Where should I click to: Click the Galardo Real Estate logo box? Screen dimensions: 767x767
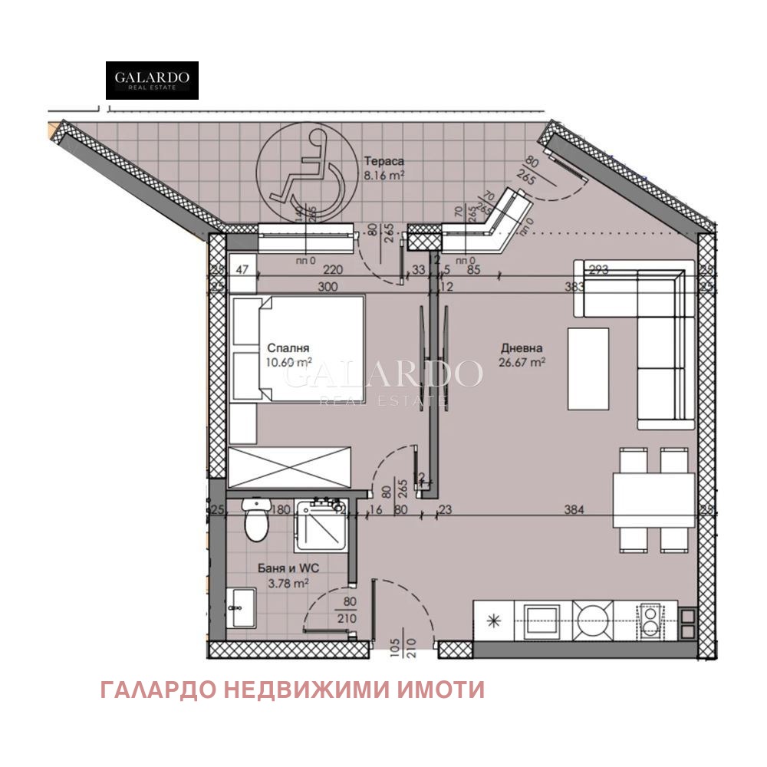[152, 81]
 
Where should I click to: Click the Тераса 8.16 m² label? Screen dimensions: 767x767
[383, 168]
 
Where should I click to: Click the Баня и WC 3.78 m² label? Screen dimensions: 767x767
[282, 576]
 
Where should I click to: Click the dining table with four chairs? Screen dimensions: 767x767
[652, 500]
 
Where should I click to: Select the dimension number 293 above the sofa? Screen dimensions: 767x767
[597, 269]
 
